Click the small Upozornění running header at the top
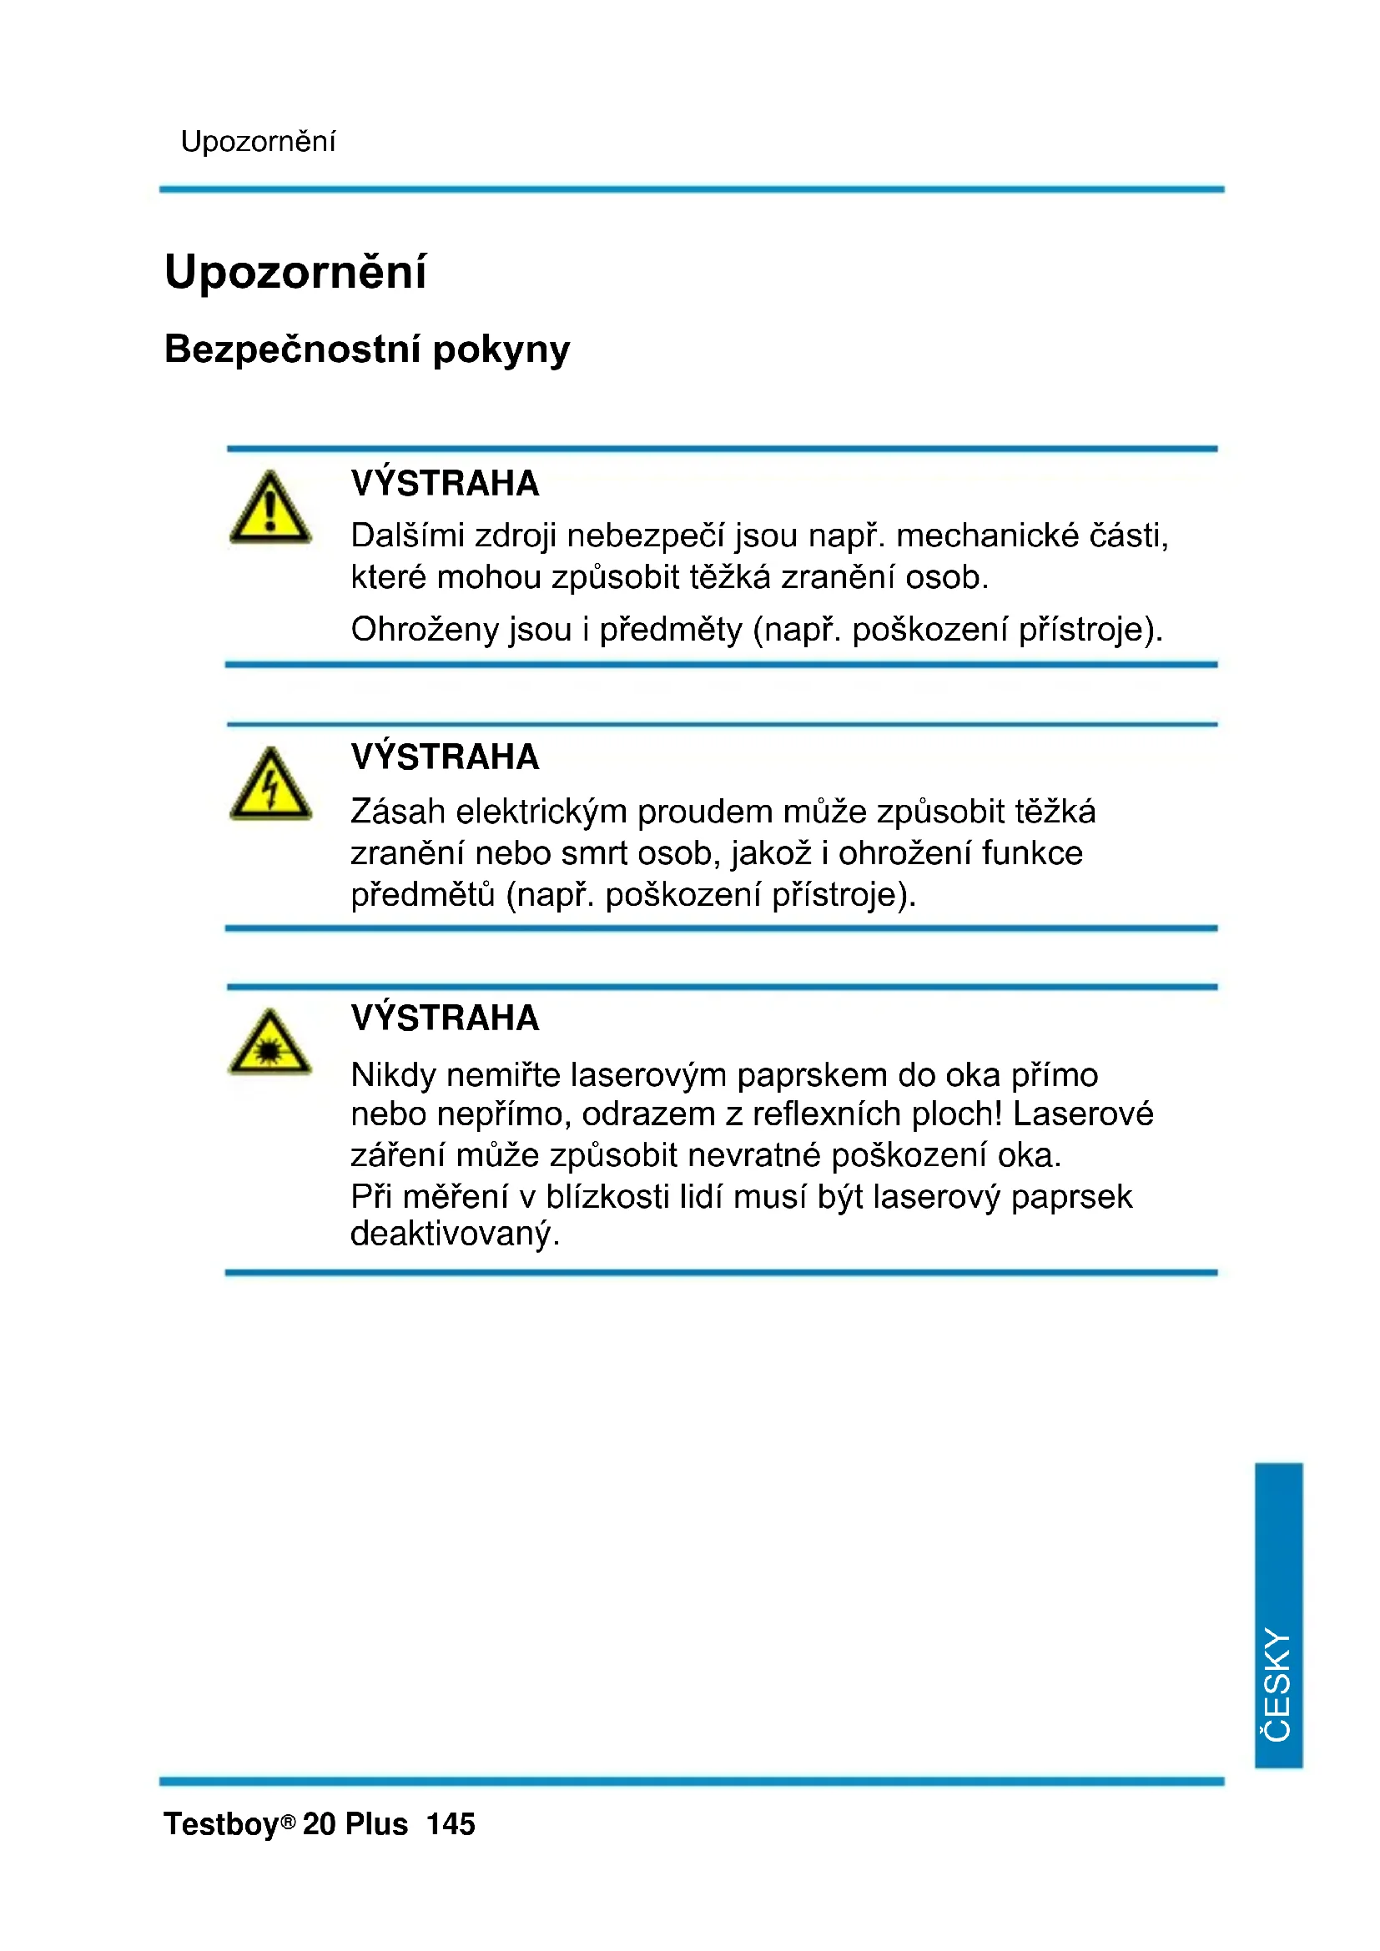coord(258,141)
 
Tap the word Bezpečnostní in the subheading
coord(291,349)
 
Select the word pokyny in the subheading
coord(501,351)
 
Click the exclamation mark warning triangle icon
coord(270,510)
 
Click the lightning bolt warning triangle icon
coord(270,786)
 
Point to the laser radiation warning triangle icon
coord(270,1045)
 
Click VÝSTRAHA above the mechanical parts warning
coord(446,484)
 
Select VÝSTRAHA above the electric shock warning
coord(446,757)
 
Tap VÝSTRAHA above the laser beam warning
coord(446,1018)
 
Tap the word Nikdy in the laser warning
coord(393,1075)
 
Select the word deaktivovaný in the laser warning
coord(455,1234)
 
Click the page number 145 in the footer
coord(451,1824)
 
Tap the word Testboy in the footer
coord(222,1824)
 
